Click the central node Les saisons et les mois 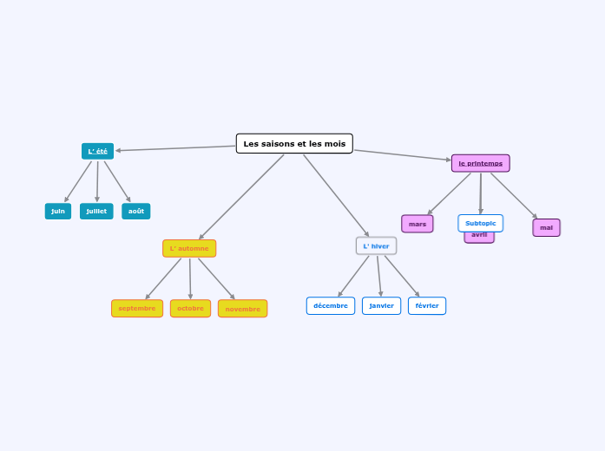[x=294, y=144]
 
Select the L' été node [x=97, y=151]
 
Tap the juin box [x=58, y=211]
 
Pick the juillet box [x=96, y=211]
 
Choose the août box [x=136, y=211]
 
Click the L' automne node [x=189, y=249]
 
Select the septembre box [x=137, y=309]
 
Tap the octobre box [x=190, y=309]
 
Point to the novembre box [x=243, y=309]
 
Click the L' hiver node [x=376, y=246]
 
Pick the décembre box [x=331, y=306]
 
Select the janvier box [x=382, y=306]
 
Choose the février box [x=427, y=306]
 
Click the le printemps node [x=481, y=163]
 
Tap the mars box [x=418, y=224]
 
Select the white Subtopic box [x=481, y=223]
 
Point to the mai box [x=546, y=228]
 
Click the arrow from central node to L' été [x=174, y=148]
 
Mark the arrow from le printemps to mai [x=514, y=196]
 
